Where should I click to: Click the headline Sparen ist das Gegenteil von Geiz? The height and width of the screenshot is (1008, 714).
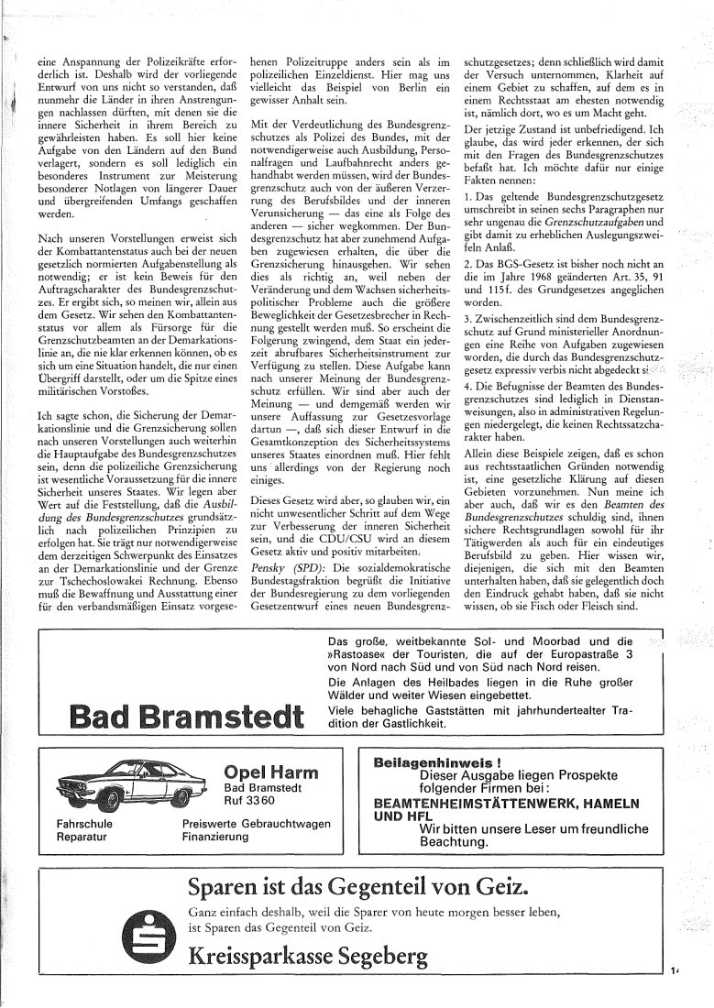pos(357,887)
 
